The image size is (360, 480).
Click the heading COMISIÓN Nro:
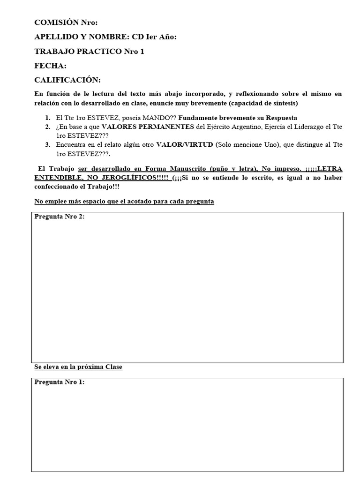point(66,22)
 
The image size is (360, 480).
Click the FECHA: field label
point(50,66)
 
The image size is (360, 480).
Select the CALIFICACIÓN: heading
point(67,80)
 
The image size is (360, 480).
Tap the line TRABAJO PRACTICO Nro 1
point(89,52)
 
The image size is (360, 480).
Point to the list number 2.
point(48,127)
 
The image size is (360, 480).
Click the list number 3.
point(48,145)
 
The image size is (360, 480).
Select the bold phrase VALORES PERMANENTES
point(148,127)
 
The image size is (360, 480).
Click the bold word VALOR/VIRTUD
point(185,145)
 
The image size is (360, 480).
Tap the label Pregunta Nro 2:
point(60,217)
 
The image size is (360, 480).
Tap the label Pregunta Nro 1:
point(60,382)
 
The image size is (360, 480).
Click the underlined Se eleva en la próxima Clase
point(78,367)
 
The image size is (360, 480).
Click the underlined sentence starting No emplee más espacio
point(124,202)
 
